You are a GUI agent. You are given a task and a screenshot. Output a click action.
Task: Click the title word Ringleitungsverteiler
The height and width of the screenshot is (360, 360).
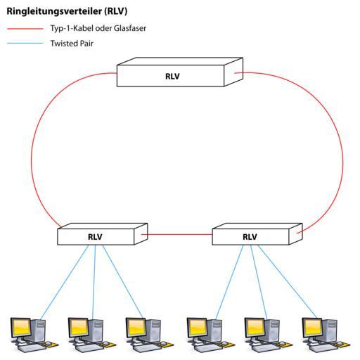click(55, 11)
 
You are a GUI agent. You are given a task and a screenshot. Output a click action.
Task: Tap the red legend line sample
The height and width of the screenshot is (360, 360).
click(25, 29)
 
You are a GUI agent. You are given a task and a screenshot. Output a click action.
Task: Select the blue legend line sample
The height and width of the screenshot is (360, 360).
click(25, 44)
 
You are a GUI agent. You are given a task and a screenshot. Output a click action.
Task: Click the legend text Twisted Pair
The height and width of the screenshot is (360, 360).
click(72, 44)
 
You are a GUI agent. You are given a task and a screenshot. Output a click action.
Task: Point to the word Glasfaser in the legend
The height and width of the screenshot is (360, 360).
click(130, 28)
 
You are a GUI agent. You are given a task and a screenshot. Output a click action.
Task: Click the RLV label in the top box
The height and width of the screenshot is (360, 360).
click(172, 77)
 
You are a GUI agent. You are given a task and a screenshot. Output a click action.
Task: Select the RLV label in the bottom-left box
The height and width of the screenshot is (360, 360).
click(95, 237)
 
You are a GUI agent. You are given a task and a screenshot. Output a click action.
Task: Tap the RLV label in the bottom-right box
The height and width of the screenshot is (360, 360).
click(250, 237)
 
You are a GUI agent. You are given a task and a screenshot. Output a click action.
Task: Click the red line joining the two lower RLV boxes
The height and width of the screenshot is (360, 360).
click(176, 234)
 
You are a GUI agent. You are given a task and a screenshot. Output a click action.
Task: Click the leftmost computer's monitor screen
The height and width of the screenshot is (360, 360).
click(21, 328)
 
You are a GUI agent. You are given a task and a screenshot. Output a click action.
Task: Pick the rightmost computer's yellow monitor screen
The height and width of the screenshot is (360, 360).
click(312, 328)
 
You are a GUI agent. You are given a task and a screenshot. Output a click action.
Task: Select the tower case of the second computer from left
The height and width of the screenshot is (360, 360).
click(95, 330)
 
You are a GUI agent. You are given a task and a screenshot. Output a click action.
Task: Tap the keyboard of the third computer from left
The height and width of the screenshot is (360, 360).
click(142, 349)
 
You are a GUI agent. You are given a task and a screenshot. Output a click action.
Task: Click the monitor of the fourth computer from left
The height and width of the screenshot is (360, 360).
click(197, 328)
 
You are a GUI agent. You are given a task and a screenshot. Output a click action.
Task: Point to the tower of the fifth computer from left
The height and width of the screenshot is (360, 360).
click(271, 330)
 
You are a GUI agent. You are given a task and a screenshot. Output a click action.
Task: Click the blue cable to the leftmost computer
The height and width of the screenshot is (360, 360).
click(65, 282)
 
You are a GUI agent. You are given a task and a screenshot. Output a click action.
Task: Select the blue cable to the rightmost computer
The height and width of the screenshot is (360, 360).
click(287, 282)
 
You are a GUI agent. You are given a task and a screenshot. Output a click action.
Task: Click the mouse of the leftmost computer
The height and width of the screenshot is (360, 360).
click(48, 343)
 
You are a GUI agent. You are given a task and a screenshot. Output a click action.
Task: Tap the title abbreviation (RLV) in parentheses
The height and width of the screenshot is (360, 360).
click(116, 11)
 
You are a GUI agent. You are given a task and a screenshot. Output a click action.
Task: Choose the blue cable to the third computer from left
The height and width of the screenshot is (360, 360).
click(122, 281)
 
